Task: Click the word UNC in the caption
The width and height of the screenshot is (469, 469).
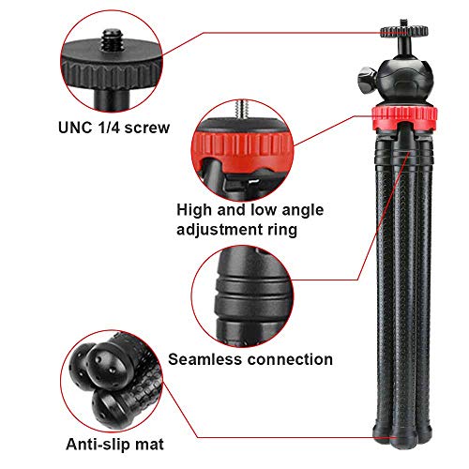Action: point(75,128)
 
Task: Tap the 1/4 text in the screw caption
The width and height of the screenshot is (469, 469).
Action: point(108,128)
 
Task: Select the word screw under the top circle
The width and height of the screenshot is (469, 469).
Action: point(147,128)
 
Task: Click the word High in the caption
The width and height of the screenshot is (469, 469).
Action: point(194,210)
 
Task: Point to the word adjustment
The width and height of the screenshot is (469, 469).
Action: point(219,230)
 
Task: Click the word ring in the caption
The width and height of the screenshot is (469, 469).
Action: point(282,230)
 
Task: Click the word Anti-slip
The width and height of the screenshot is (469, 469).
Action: point(98,445)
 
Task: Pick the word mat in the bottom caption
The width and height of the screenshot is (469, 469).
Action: point(149,445)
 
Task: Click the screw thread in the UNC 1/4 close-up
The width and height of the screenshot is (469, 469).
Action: point(112,39)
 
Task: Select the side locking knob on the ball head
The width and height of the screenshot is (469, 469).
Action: point(367,80)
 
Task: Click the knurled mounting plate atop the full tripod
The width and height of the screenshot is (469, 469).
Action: point(404,31)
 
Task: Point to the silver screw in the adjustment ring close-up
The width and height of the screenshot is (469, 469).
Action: point(242,109)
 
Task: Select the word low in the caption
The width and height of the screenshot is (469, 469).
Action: point(265,210)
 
